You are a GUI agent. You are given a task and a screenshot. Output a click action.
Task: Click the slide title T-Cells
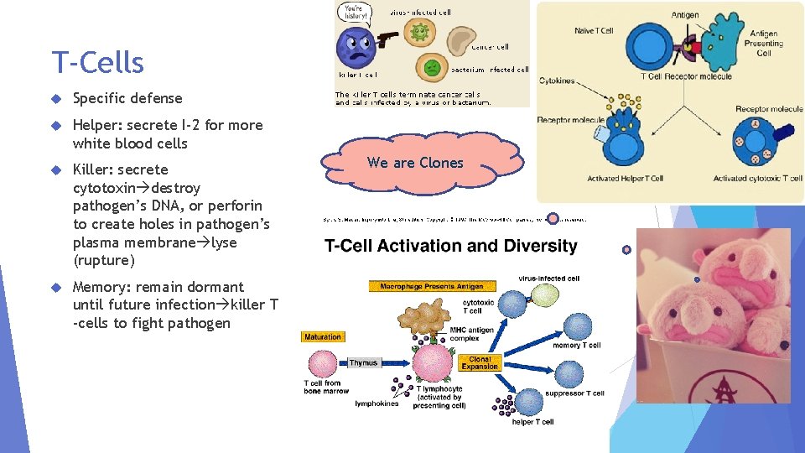point(97,63)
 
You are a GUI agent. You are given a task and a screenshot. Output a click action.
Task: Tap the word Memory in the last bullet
point(101,287)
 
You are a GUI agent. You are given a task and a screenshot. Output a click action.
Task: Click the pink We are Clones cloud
point(415,163)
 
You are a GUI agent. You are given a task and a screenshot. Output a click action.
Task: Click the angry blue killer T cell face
point(358,49)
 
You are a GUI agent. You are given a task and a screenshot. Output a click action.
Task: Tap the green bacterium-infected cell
point(433,66)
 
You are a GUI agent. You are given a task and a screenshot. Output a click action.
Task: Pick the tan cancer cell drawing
point(461,39)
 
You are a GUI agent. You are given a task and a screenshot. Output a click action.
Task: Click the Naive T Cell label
point(594,31)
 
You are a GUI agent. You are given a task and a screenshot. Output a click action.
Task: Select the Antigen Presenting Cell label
point(763,43)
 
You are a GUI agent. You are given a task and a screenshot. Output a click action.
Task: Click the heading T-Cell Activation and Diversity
point(451,246)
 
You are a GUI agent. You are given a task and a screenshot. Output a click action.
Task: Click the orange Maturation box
point(323,337)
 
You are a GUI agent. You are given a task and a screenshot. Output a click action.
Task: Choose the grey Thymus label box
point(364,363)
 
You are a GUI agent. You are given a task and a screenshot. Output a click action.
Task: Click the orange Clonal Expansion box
point(480,363)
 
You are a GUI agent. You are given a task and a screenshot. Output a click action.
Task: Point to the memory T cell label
point(577,346)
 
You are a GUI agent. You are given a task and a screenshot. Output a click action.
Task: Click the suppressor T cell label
point(574,393)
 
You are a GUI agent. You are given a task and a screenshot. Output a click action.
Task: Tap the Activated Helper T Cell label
point(625,179)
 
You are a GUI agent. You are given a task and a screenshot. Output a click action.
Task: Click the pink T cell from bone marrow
point(323,364)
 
